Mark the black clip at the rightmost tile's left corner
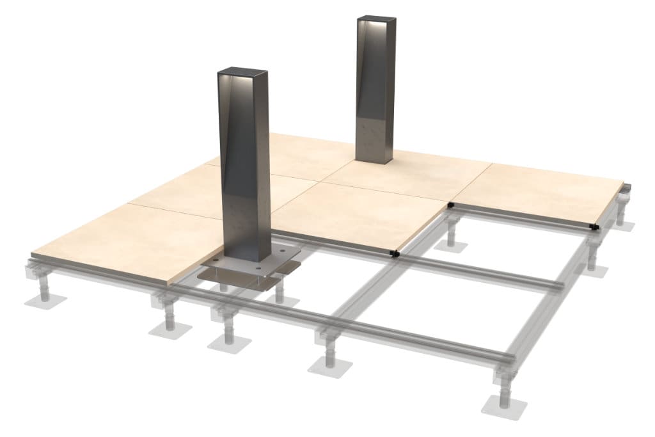click(x=451, y=205)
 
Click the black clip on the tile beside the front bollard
click(x=394, y=253)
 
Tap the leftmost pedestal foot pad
click(x=40, y=299)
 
